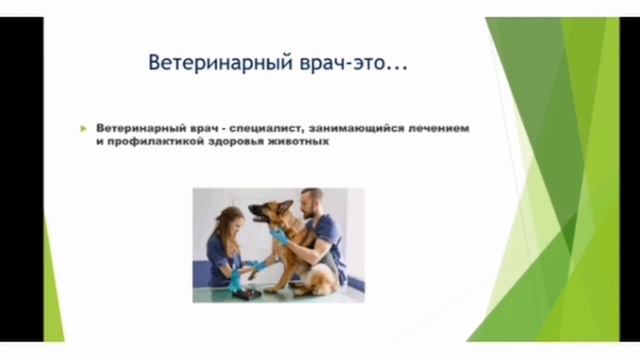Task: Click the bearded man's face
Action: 313,205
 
